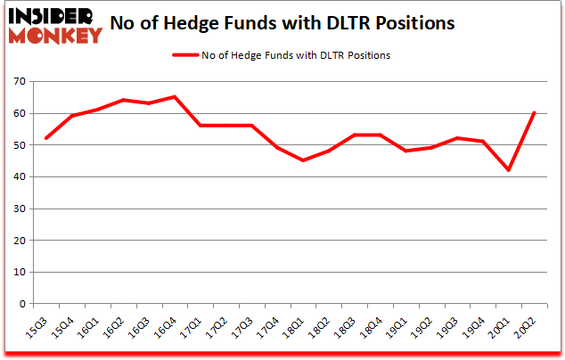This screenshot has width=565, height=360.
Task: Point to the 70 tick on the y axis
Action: (18, 82)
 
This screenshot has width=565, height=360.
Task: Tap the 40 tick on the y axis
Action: (18, 176)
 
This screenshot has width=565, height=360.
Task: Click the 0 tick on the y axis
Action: (20, 304)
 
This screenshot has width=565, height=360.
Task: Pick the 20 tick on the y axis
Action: (18, 241)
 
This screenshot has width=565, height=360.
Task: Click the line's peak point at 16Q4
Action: (174, 97)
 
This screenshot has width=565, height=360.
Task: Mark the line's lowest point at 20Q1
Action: (508, 170)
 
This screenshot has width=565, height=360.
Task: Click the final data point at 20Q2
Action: (534, 113)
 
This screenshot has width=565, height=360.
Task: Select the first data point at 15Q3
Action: (45, 138)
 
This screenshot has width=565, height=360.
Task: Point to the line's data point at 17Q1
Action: (200, 126)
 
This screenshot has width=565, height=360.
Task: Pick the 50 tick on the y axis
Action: (18, 145)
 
